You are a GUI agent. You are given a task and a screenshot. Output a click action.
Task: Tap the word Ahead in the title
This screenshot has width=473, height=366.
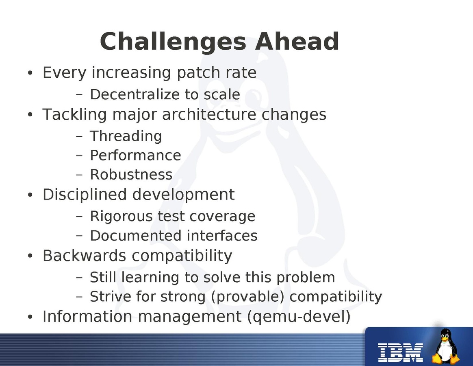[297, 41]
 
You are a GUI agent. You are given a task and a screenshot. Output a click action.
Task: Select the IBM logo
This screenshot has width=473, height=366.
[401, 353]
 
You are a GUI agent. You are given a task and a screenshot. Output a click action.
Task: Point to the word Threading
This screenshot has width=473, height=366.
[126, 136]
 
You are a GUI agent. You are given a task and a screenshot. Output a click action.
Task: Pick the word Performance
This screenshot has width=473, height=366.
[135, 156]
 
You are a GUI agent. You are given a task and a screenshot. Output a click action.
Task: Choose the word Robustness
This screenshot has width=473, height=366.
[131, 175]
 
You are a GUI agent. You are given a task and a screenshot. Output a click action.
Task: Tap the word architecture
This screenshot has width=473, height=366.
[209, 114]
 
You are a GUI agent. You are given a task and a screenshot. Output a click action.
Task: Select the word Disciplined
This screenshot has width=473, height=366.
[85, 194]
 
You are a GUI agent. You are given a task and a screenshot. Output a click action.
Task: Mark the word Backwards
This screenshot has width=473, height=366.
[84, 255]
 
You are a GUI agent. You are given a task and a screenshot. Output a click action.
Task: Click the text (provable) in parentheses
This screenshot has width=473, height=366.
[247, 296]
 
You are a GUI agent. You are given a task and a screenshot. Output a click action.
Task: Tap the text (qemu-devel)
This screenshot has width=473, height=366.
[299, 317]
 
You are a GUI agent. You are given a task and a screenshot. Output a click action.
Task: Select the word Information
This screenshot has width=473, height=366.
[87, 316]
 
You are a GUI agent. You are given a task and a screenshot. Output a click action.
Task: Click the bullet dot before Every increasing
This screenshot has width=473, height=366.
[30, 73]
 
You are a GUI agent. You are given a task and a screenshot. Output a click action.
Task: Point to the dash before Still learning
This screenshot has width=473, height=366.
[79, 277]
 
